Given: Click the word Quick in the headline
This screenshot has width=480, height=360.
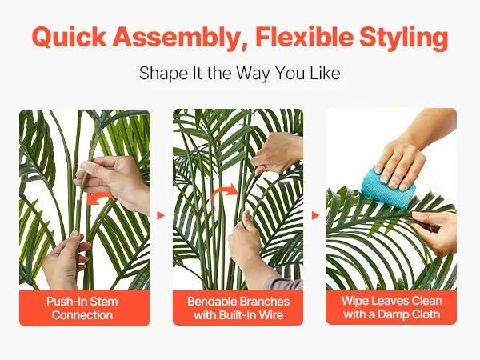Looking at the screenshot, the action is (x=69, y=37).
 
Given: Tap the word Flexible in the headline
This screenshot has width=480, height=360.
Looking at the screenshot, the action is (x=304, y=37).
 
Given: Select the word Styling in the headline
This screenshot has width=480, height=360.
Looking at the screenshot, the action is (x=403, y=38).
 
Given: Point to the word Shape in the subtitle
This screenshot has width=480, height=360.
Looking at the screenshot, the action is (x=163, y=74).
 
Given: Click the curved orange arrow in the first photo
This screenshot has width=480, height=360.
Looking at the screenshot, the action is (x=100, y=198).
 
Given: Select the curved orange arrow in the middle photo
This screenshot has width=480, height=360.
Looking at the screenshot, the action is (x=224, y=194).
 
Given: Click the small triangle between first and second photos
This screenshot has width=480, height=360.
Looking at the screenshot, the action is (x=161, y=215).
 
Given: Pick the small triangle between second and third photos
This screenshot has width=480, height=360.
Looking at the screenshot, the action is (x=315, y=215).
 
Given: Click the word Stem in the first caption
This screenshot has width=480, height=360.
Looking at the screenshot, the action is (x=103, y=302).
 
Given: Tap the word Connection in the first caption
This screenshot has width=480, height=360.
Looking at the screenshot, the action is (x=82, y=315).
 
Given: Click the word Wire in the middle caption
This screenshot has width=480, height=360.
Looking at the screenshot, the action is (x=271, y=315).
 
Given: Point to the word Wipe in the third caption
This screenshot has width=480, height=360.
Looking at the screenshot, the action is (x=354, y=301).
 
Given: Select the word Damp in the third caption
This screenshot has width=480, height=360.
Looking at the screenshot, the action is (x=391, y=314).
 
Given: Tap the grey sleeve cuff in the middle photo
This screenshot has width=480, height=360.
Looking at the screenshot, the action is (x=283, y=283).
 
